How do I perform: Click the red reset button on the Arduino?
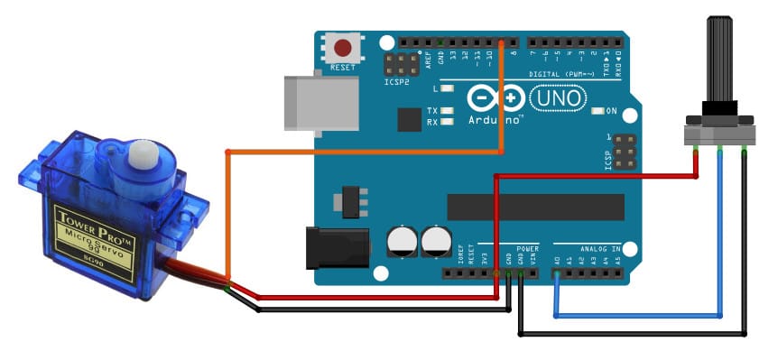pyautogui.click(x=343, y=48)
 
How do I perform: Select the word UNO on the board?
pyautogui.click(x=557, y=96)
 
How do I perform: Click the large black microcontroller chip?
pyautogui.click(x=534, y=207)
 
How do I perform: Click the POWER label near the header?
pyautogui.click(x=528, y=248)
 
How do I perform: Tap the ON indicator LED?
pyautogui.click(x=597, y=111)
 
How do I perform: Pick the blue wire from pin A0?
pyautogui.click(x=632, y=316)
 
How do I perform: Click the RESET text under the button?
pyautogui.click(x=343, y=67)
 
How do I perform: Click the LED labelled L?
pyautogui.click(x=447, y=89)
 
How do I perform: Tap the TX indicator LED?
pyautogui.click(x=447, y=110)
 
